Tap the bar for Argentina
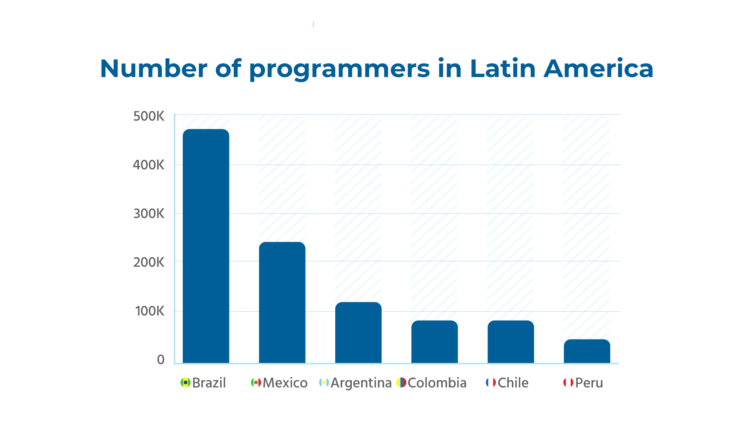tap(358, 333)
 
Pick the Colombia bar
tap(434, 342)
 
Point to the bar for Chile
tap(511, 342)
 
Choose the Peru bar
tap(587, 351)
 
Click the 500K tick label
tap(149, 116)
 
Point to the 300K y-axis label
tap(149, 214)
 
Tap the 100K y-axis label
tap(149, 311)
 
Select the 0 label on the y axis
tap(160, 360)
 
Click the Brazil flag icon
tap(185, 383)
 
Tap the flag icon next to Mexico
tap(256, 383)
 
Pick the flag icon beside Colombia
tap(401, 383)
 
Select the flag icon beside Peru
tap(568, 383)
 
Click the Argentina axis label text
tap(361, 383)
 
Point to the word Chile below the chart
tap(513, 383)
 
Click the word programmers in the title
tap(339, 69)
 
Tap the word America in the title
tap(598, 69)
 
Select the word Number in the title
tap(154, 69)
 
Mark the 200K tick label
tap(149, 262)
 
